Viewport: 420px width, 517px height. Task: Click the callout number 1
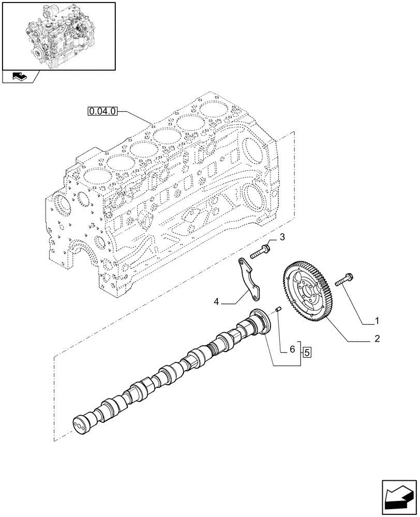click(x=377, y=321)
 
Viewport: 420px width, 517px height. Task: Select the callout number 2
click(x=377, y=339)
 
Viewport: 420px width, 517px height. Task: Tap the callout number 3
click(x=282, y=237)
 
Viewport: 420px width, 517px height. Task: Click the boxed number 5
click(x=307, y=353)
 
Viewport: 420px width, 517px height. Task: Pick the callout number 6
click(x=292, y=350)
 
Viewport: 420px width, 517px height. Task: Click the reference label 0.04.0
click(x=103, y=111)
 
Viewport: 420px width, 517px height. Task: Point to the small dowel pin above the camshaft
click(x=278, y=310)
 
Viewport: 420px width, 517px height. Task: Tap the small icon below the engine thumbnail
click(x=19, y=77)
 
